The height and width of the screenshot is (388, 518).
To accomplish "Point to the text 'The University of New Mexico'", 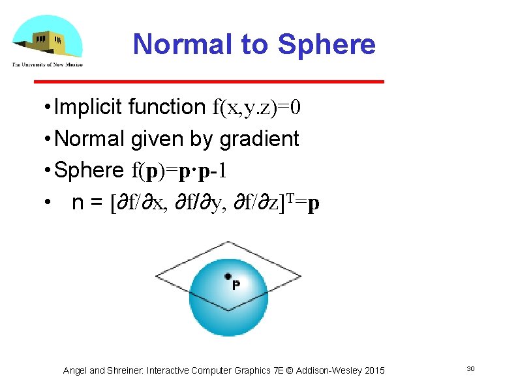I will click(x=47, y=64).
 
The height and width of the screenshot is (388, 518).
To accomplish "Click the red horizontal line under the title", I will click(x=209, y=82).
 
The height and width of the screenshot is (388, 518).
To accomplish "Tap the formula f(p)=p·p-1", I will click(x=179, y=170).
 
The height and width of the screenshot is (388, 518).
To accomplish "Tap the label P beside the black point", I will click(x=236, y=285).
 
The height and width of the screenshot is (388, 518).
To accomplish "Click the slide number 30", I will click(x=470, y=370).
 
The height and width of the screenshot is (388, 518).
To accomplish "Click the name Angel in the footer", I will click(x=75, y=370).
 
